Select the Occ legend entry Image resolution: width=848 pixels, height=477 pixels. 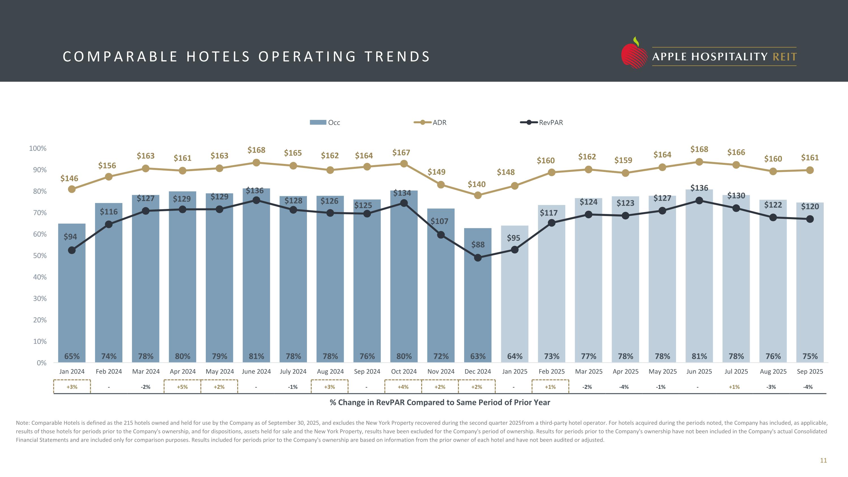coord(325,122)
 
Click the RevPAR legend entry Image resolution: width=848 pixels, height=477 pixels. coord(542,122)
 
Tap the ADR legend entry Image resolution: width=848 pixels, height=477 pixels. coord(430,122)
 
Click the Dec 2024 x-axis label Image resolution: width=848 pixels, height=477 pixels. coord(478,371)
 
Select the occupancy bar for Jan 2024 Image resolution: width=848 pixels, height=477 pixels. coord(72,296)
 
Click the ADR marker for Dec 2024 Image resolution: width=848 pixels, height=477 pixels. coord(478,195)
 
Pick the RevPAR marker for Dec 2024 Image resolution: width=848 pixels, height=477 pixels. coord(478,258)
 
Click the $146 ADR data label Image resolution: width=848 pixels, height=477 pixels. coord(69,178)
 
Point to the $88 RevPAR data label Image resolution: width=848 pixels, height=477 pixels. coord(478,245)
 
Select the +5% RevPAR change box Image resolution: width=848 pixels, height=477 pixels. coord(182,387)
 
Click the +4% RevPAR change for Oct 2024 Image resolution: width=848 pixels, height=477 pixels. coord(403,387)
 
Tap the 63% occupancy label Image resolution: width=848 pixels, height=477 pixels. coord(478,356)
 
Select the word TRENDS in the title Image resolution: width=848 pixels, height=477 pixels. coord(397,57)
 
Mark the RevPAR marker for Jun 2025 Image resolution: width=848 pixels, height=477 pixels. coord(699,201)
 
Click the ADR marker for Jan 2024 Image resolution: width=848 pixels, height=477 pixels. coord(72,189)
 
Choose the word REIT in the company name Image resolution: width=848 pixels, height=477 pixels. coord(784,57)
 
